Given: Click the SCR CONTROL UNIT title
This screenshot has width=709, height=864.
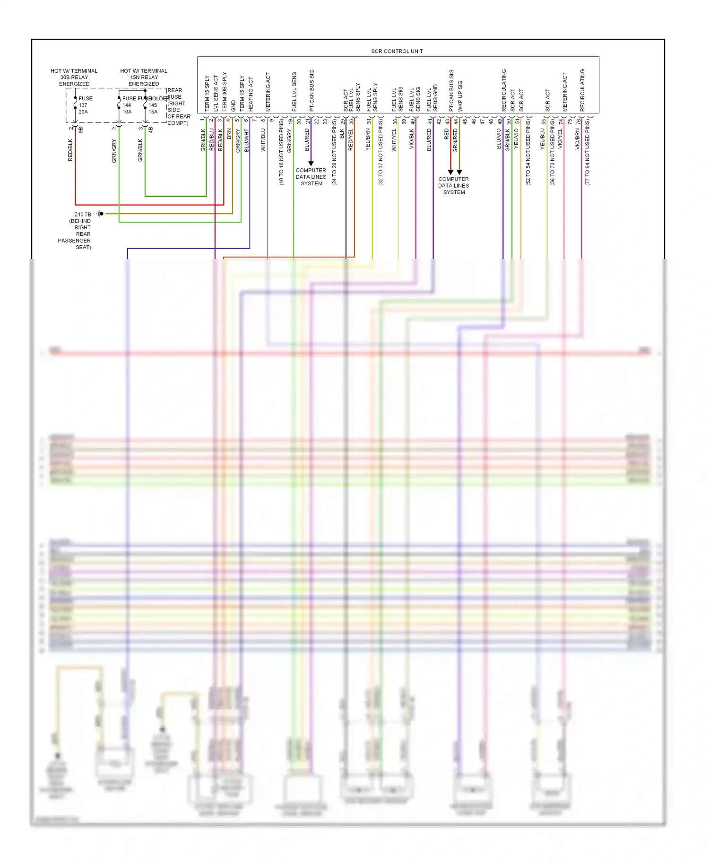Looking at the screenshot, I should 397,51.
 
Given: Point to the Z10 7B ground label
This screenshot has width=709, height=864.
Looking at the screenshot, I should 83,214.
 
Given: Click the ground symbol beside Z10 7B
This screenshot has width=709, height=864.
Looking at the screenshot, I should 100,214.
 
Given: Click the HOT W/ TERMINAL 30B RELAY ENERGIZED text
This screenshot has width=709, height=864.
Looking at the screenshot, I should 74,77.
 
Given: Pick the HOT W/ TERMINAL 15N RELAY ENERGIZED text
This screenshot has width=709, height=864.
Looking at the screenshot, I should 144,77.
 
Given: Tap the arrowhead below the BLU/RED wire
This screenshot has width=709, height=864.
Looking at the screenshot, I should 311,164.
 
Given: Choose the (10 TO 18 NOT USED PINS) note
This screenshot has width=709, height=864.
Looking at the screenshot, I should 282,152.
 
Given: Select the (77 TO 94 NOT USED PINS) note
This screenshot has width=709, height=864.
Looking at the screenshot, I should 588,152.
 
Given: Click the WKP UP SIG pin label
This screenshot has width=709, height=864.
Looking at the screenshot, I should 460,95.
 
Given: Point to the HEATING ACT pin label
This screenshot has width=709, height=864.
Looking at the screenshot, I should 251,94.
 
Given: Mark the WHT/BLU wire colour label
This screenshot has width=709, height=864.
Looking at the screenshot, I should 263,139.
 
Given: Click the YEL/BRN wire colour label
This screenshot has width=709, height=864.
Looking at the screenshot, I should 368,139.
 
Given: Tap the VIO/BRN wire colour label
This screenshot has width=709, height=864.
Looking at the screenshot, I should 577,139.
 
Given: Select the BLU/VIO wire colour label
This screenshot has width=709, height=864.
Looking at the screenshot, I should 499,139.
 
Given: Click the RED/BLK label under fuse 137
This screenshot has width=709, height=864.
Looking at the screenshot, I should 70,150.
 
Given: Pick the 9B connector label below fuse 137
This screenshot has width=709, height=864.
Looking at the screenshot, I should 80,129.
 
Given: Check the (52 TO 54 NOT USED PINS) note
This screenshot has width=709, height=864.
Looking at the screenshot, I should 528,152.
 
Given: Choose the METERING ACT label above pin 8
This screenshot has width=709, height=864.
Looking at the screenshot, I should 268,92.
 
